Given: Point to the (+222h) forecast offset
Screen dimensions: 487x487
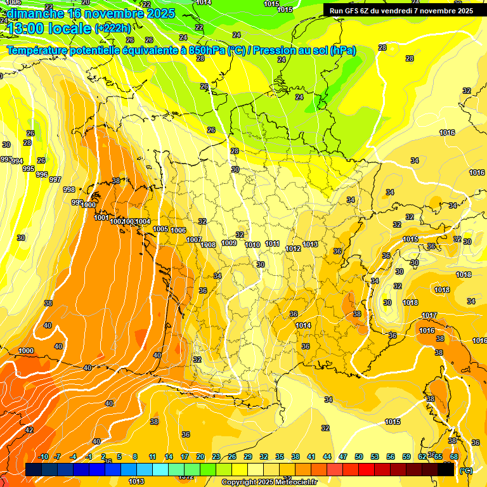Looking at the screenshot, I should click(113, 28).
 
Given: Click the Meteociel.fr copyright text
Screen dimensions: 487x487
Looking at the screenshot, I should click(269, 482).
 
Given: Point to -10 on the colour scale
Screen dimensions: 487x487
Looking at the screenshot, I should click(42, 457).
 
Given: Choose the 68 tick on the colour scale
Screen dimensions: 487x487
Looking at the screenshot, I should click(454, 457).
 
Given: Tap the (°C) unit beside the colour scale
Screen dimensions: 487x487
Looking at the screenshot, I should click(466, 471).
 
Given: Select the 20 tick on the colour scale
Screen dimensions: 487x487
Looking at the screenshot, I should click(200, 457).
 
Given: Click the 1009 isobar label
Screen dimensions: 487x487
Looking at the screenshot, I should click(230, 243).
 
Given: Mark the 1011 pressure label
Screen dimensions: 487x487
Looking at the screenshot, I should click(273, 243).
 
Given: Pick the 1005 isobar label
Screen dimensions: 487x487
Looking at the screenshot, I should click(160, 229).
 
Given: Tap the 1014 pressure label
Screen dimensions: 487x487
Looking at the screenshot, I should click(303, 325).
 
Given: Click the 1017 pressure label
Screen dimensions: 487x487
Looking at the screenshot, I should click(429, 315).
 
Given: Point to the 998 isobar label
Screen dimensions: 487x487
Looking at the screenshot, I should click(69, 190).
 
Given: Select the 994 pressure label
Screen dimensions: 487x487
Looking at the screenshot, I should click(17, 161).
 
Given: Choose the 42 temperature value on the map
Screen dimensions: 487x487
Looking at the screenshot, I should click(29, 430).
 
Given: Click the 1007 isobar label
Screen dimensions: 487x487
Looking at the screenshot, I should click(194, 240).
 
